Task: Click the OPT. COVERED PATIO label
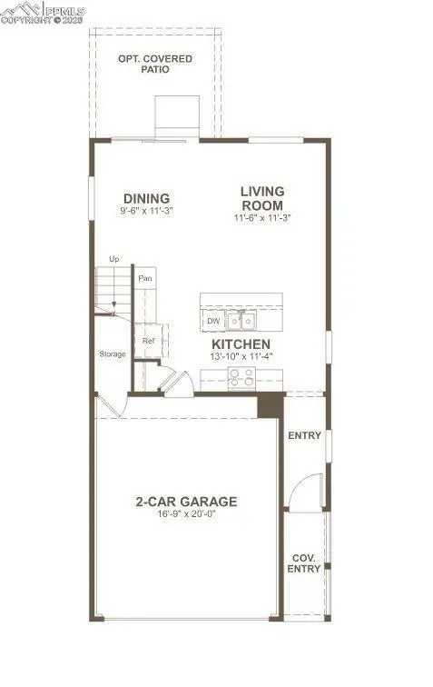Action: point(154,64)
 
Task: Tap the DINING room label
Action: point(146,199)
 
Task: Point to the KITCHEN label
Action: point(241,345)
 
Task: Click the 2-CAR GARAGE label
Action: point(186,501)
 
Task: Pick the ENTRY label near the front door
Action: point(304,435)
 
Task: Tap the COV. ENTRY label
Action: point(305,563)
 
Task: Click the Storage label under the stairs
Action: point(113,353)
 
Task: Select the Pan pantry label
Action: point(144,278)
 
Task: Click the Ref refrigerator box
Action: point(149,341)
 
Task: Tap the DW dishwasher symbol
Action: point(213,321)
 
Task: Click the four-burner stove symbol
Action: point(241,377)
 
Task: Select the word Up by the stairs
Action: point(114,260)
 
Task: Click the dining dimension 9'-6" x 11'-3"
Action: point(146,212)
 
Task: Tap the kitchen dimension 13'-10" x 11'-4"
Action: point(241,358)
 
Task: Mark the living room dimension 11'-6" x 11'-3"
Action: point(262,217)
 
